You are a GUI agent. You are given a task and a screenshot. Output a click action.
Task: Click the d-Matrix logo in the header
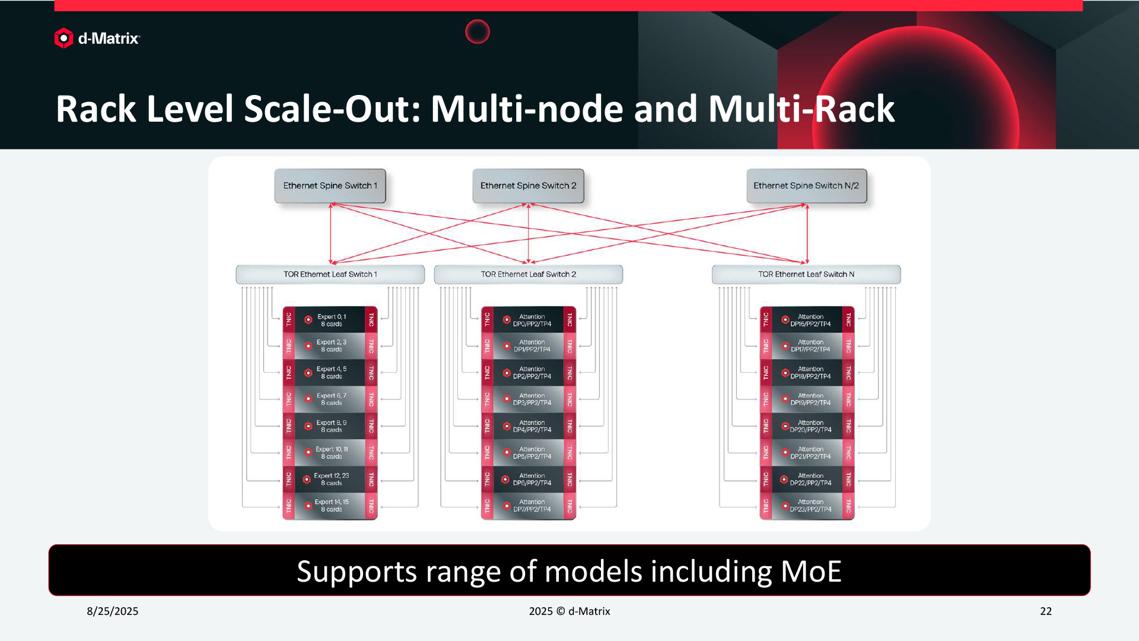pos(97,39)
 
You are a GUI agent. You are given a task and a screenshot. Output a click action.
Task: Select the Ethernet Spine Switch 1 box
pos(330,186)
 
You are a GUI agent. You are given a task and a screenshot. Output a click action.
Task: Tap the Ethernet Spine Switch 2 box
pos(528,186)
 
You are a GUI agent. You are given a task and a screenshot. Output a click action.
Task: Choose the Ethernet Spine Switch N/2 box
pos(806,186)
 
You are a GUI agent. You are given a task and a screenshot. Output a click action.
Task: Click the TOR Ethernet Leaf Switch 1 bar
pos(330,274)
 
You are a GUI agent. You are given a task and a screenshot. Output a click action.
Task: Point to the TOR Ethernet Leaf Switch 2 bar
pos(528,274)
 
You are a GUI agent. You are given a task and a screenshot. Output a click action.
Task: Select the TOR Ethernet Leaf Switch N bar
pos(806,274)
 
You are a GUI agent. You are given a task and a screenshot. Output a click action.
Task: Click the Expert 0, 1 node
pos(330,320)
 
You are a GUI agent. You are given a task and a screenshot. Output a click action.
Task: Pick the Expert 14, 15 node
pos(330,506)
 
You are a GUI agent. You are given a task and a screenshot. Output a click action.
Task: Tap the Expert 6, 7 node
pos(330,399)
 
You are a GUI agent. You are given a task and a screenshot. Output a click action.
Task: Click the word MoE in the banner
pos(810,571)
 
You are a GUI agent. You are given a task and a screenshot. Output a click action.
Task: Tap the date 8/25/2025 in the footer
pos(113,611)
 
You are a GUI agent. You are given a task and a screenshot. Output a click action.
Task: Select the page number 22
pos(1046,611)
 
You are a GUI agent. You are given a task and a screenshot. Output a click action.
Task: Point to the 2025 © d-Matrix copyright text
pos(569,611)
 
